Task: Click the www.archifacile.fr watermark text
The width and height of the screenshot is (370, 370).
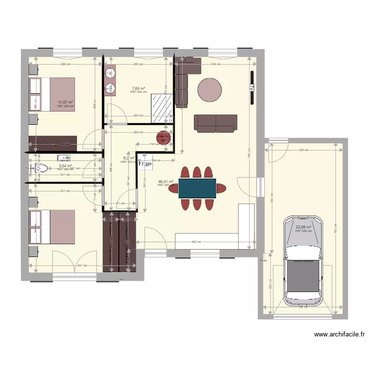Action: click(x=339, y=334)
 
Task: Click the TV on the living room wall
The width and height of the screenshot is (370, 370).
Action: click(x=251, y=88)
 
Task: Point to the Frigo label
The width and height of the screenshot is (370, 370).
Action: click(x=145, y=164)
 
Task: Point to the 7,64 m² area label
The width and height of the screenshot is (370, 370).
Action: click(x=138, y=88)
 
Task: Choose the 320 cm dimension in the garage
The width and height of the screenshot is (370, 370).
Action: click(x=303, y=150)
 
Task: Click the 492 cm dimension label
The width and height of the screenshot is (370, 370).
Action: click(x=196, y=242)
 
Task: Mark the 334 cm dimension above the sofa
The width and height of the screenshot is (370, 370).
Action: click(x=215, y=64)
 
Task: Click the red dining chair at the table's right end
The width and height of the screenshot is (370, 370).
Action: click(x=222, y=188)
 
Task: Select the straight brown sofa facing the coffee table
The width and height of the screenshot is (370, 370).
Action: click(x=215, y=123)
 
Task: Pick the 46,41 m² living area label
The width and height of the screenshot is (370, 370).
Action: click(x=166, y=182)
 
